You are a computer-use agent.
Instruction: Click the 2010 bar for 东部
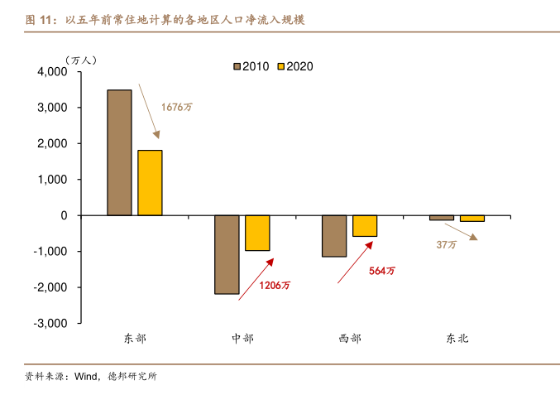coord(119,152)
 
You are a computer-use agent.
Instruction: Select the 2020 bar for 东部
coord(150,183)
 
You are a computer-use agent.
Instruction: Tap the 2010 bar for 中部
coord(227,254)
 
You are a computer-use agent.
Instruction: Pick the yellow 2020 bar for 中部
coord(257,233)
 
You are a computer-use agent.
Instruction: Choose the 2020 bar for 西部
coord(365,226)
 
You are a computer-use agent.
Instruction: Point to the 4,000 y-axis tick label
coord(52,72)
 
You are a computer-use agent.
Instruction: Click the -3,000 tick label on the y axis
coord(50,324)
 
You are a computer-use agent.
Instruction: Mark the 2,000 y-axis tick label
coord(52,144)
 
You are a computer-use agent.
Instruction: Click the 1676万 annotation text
coord(175,107)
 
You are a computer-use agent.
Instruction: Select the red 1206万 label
coord(275,286)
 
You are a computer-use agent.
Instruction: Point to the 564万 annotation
coord(382,271)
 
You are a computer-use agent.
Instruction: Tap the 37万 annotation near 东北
coord(446,245)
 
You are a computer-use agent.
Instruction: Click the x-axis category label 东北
coord(457,339)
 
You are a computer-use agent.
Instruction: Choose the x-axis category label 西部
coord(350,339)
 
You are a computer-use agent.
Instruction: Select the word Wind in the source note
coord(86,377)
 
